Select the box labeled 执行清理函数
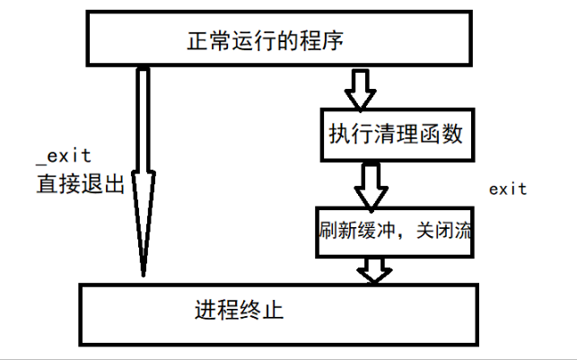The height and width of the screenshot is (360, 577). point(395,135)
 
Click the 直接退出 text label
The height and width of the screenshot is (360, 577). point(79,185)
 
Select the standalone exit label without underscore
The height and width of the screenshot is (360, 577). point(507,189)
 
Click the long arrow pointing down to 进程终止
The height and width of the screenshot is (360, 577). point(143,171)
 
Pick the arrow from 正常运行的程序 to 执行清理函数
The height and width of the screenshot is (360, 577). point(362,87)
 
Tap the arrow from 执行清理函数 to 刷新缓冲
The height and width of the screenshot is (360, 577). point(370,185)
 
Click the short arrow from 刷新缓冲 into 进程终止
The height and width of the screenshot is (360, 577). point(374,268)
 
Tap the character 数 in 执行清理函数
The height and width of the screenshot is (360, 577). point(453,135)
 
